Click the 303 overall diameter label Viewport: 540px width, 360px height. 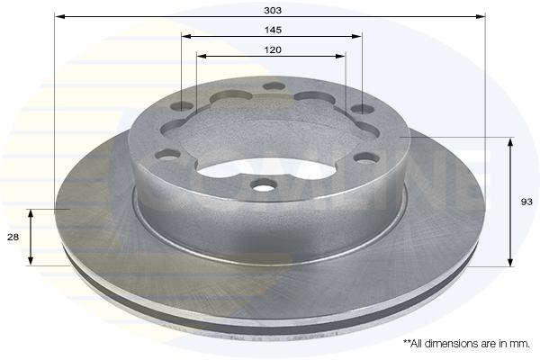pyautogui.click(x=273, y=10)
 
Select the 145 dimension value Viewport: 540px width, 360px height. pyautogui.click(x=273, y=30)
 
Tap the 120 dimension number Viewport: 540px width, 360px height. pyautogui.click(x=273, y=50)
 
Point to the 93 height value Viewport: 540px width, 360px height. pyautogui.click(x=526, y=202)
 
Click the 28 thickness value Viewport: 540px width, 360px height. pyautogui.click(x=13, y=237)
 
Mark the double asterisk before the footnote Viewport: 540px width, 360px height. pyautogui.click(x=407, y=342)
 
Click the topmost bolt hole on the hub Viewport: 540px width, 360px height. pyautogui.click(x=274, y=86)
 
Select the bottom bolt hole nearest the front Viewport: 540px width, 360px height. pyautogui.click(x=264, y=186)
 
